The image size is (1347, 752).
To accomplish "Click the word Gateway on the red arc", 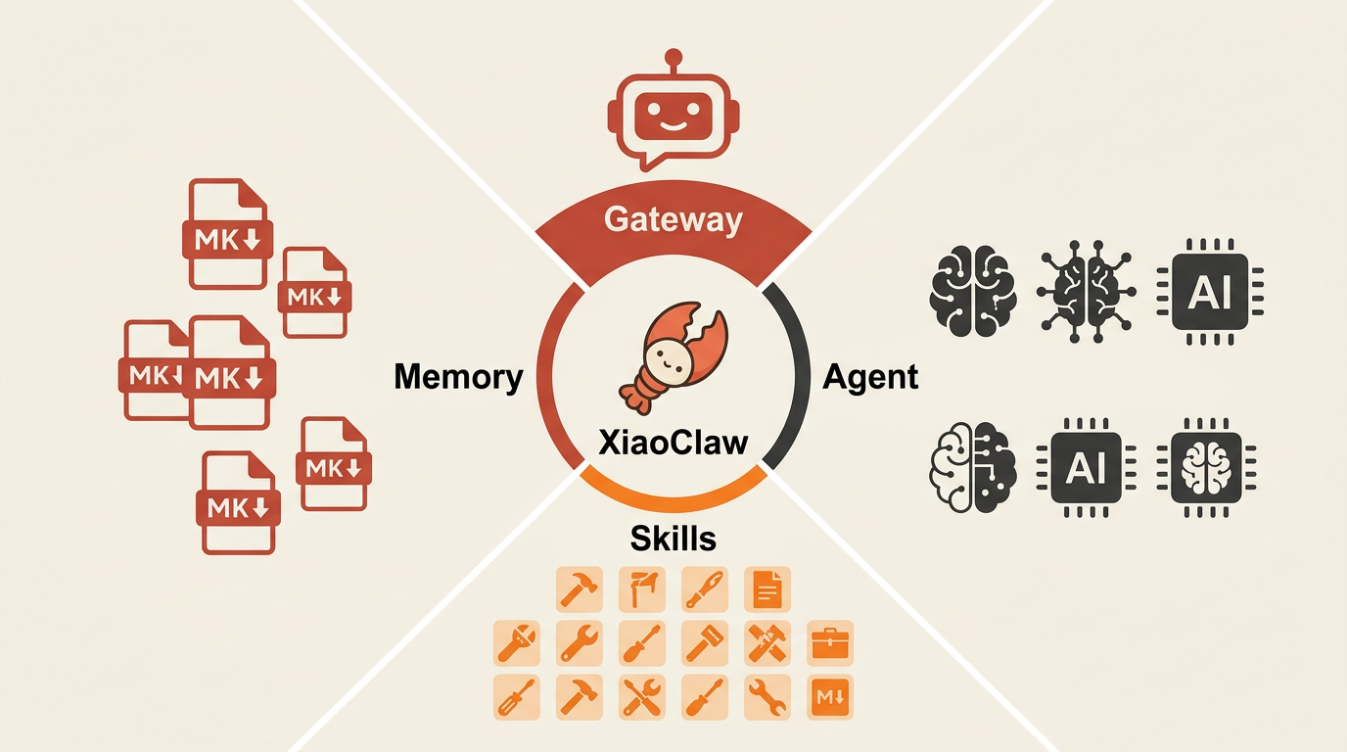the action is coord(673,219).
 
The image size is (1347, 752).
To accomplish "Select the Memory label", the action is coord(458,377).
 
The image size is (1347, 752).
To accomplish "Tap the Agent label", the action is coord(870,378).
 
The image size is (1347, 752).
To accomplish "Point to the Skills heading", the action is coord(673,538).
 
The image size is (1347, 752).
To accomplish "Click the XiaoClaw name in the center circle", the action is coord(673,443).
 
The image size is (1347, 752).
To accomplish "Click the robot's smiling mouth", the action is coord(673,126).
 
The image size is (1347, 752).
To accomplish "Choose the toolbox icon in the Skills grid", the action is coord(830,643).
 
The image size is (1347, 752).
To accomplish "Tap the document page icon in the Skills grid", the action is coord(767,588).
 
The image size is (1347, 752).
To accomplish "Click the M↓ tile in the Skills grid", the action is coord(830,697).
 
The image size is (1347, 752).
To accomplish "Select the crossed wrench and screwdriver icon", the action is coord(642,697).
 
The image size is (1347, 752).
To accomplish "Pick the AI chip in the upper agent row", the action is coord(1209,292).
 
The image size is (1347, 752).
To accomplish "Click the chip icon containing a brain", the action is coord(1206,467).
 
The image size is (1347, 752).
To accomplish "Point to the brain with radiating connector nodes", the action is coord(1086,291).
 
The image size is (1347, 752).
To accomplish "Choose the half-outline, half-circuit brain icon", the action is coord(973,467).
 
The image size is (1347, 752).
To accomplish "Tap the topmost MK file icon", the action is coord(227,233).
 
